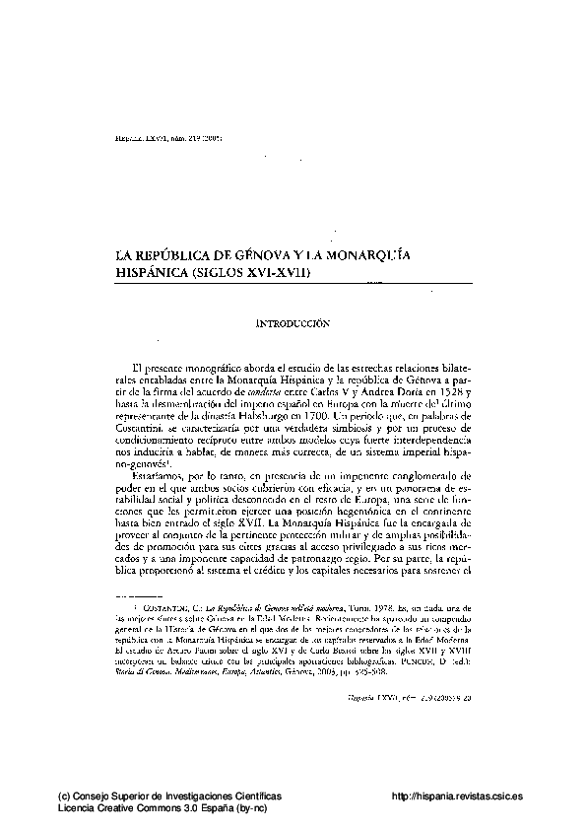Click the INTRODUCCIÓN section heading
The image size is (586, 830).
(x=292, y=321)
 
